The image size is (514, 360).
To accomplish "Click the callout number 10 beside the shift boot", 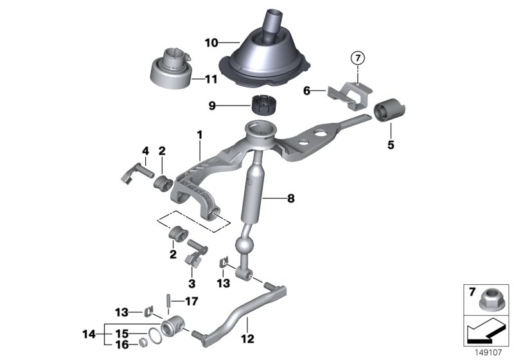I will pos(212,43).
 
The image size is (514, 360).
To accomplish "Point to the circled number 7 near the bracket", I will pos(357,59).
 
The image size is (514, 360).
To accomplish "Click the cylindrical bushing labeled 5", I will pos(388,111).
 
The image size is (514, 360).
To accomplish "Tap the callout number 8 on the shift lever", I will pos(290,199).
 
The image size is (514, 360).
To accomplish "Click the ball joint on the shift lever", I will pos(246,248).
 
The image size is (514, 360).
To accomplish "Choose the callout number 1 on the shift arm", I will pos(200,135).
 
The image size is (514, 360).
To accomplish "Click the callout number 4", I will pos(145,151).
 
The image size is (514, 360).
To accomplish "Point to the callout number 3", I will pos(190,282).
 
